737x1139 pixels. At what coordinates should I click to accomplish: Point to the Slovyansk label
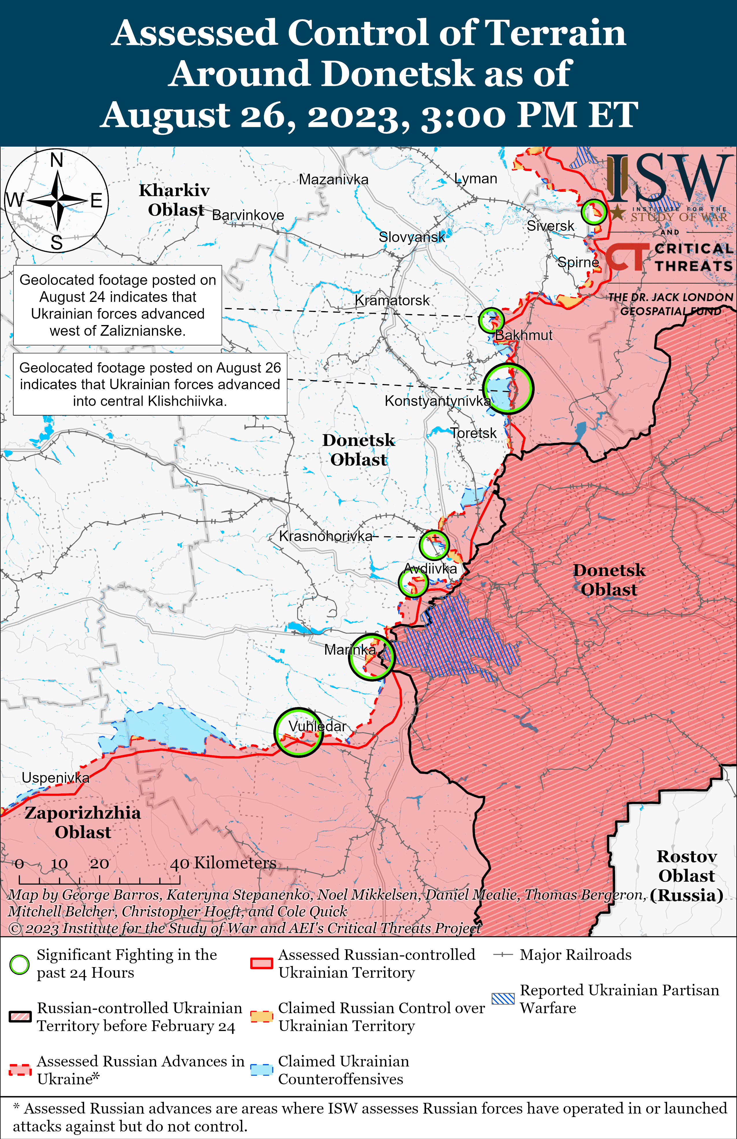(x=411, y=237)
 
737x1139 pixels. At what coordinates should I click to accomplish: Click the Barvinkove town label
(x=248, y=215)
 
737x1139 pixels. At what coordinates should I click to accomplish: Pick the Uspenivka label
(x=55, y=778)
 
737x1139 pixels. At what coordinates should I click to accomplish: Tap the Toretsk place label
(x=473, y=433)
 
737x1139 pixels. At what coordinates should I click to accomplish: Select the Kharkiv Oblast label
(x=175, y=200)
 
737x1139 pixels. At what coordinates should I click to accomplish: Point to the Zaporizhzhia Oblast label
(x=83, y=822)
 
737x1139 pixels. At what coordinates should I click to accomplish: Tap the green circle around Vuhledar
(x=299, y=732)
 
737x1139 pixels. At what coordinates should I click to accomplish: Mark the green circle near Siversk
(x=594, y=212)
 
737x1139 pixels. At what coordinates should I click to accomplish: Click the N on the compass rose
(x=56, y=160)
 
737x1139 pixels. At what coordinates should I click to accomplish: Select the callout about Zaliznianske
(x=118, y=305)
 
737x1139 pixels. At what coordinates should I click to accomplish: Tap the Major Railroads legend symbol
(x=503, y=955)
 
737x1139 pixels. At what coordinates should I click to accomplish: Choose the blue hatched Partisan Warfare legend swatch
(x=503, y=999)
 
